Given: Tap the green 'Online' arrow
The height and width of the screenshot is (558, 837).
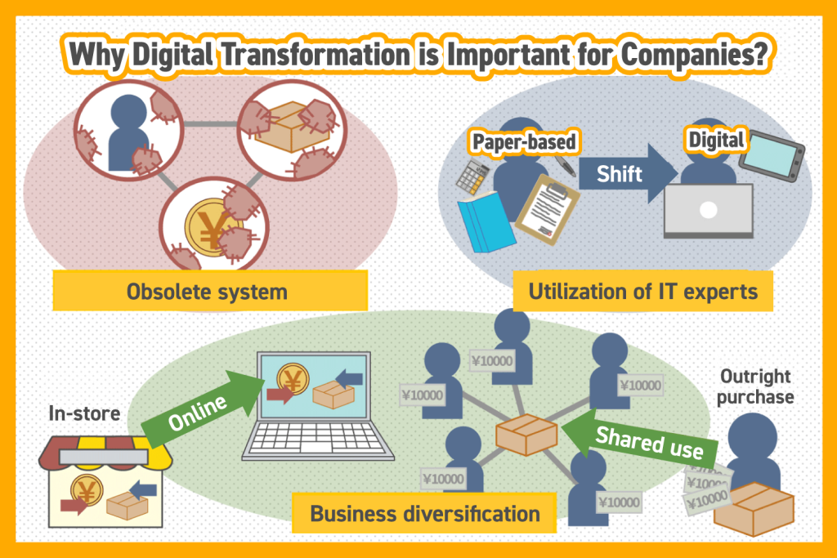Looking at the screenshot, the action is click(203, 408).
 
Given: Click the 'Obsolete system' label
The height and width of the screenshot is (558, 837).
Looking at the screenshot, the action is click(210, 292).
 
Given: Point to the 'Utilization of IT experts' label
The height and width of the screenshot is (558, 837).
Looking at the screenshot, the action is click(642, 292).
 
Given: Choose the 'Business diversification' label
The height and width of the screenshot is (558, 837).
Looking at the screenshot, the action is click(424, 514).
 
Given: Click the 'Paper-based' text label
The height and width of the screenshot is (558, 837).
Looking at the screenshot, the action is click(524, 142).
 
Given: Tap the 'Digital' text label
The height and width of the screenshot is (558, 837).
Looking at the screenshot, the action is click(716, 140).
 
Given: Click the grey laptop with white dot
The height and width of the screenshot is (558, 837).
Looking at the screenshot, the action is click(709, 210).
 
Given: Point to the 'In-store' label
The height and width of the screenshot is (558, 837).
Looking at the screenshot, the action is click(84, 413).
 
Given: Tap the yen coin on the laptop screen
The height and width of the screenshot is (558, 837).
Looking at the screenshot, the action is click(293, 377).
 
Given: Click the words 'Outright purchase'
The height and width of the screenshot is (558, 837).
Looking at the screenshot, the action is click(754, 386).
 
